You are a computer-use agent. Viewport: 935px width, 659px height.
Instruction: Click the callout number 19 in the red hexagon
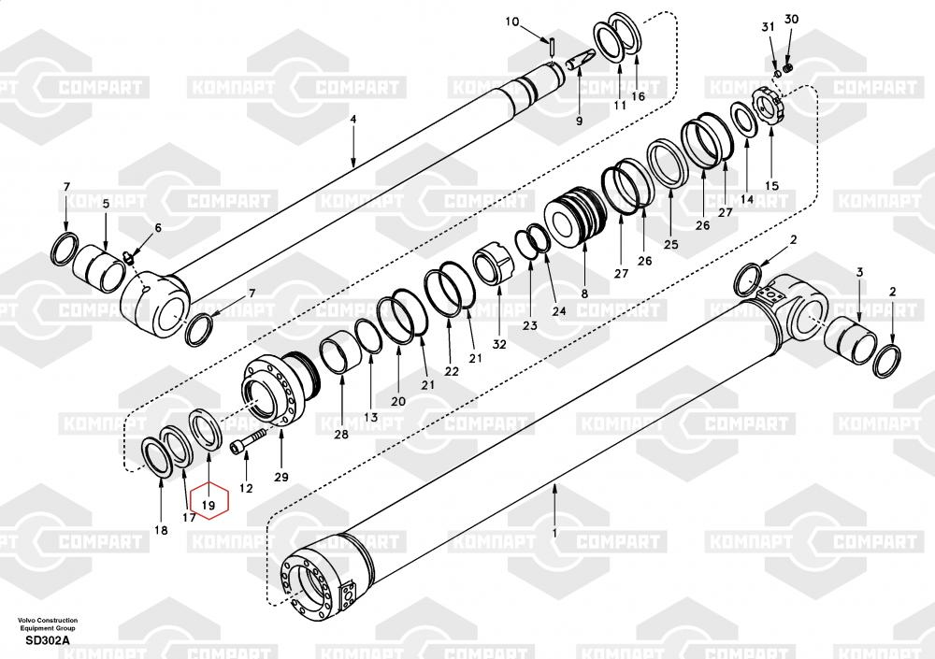point(209,505)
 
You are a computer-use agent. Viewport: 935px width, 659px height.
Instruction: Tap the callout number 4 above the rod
point(353,120)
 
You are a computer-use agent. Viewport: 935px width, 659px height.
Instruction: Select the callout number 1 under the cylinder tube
point(554,533)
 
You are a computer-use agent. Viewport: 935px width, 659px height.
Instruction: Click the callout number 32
point(499,343)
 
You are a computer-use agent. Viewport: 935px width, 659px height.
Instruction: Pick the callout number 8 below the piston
point(584,294)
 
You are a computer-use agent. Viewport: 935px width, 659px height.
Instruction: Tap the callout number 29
point(281,477)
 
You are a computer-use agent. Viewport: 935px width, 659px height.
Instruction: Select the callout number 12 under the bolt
point(246,488)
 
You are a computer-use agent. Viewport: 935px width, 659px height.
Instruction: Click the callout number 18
point(161,530)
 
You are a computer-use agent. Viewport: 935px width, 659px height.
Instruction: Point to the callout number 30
point(791,20)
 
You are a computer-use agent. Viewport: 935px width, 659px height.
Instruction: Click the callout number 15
point(771,186)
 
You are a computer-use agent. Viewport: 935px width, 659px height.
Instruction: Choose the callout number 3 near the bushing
point(860,271)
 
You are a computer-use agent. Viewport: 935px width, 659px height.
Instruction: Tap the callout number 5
point(106,204)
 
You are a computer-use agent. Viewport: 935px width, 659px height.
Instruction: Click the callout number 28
point(340,435)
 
